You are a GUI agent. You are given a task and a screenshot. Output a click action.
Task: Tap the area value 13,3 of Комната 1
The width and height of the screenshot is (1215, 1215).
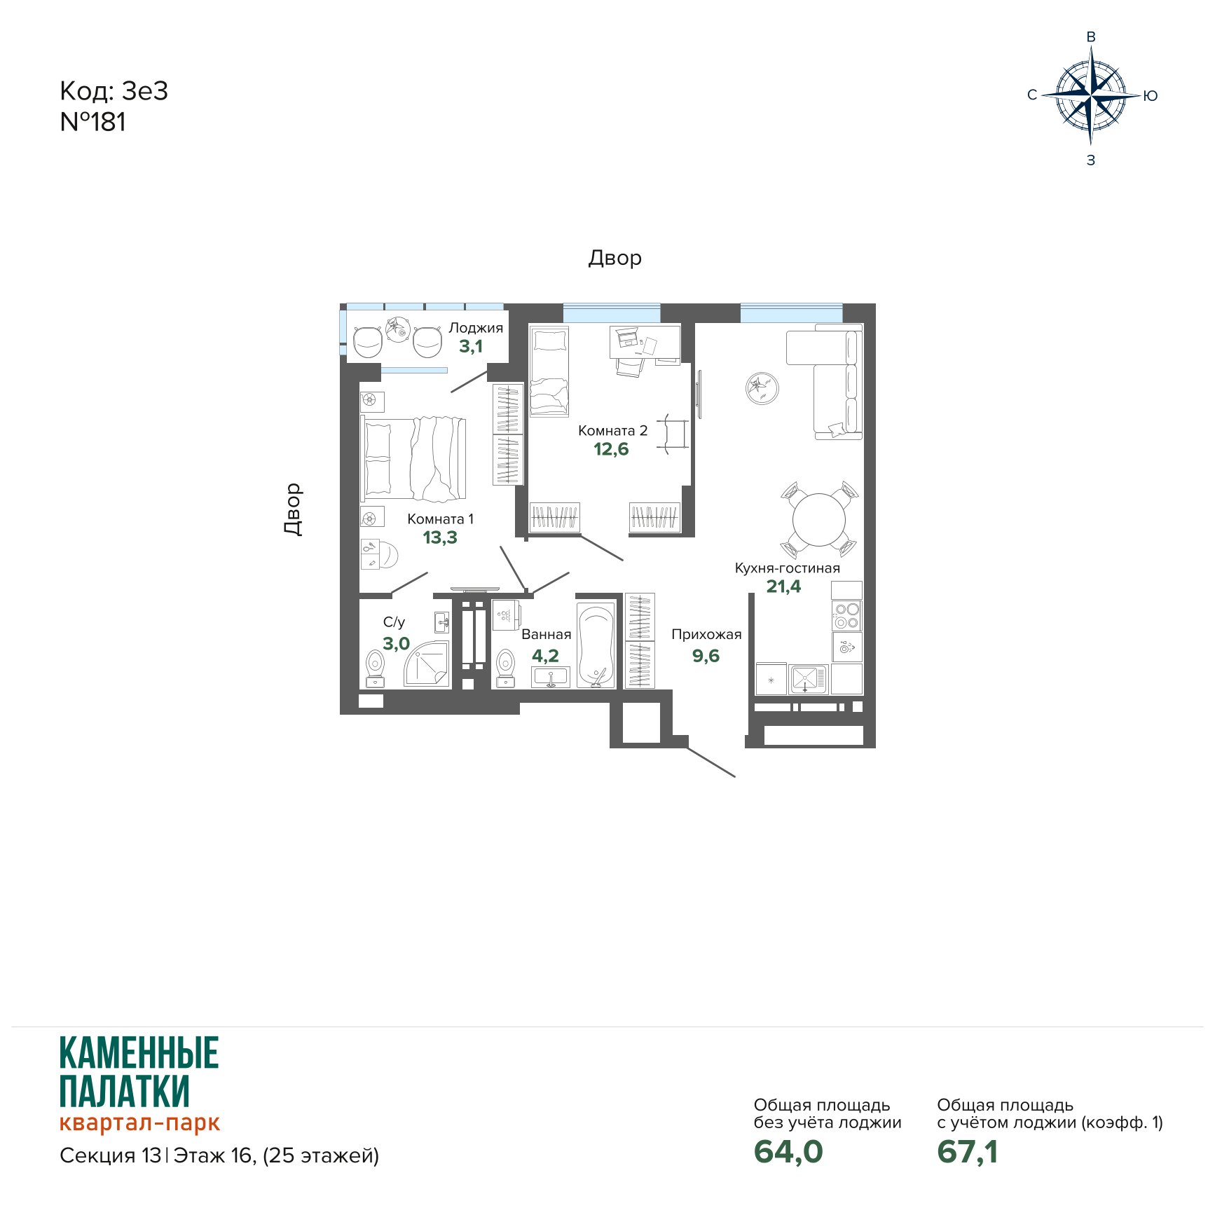pyautogui.click(x=440, y=537)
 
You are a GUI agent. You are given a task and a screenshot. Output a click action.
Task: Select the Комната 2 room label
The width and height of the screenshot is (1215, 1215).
pyautogui.click(x=612, y=430)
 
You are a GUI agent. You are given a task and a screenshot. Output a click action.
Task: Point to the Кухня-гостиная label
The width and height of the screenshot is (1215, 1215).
pyautogui.click(x=787, y=568)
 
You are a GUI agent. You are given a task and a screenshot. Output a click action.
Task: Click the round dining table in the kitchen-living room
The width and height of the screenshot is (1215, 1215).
pyautogui.click(x=818, y=520)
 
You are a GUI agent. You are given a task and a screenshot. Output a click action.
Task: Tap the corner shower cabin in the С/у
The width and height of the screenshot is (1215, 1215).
pyautogui.click(x=427, y=664)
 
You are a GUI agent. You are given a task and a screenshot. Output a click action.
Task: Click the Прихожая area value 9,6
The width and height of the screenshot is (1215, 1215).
pyautogui.click(x=706, y=656)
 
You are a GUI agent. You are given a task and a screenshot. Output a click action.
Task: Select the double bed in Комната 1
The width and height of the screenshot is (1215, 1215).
pyautogui.click(x=413, y=459)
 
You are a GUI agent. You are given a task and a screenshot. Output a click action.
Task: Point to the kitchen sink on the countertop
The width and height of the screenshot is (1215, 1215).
pyautogui.click(x=809, y=679)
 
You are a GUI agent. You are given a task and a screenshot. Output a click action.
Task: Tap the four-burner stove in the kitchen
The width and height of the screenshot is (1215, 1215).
pyautogui.click(x=847, y=615)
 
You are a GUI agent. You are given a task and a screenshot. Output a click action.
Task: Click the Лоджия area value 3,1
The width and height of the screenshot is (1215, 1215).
pyautogui.click(x=471, y=346)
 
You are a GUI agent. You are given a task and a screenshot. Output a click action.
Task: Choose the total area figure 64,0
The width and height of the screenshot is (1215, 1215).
pyautogui.click(x=788, y=1151)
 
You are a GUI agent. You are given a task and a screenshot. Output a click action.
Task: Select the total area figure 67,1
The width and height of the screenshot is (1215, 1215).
pyautogui.click(x=968, y=1151)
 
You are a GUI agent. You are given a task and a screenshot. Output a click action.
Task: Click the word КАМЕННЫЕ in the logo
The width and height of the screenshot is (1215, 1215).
pyautogui.click(x=139, y=1052)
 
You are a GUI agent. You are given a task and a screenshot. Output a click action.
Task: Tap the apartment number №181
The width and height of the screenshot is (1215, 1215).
pyautogui.click(x=93, y=122)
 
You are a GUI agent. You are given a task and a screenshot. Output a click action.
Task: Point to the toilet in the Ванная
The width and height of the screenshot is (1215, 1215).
pyautogui.click(x=505, y=668)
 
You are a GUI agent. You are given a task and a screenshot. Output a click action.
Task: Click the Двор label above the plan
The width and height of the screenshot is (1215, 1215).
pyautogui.click(x=615, y=258)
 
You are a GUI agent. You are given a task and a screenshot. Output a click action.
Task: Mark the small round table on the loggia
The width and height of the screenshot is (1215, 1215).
pyautogui.click(x=398, y=329)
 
